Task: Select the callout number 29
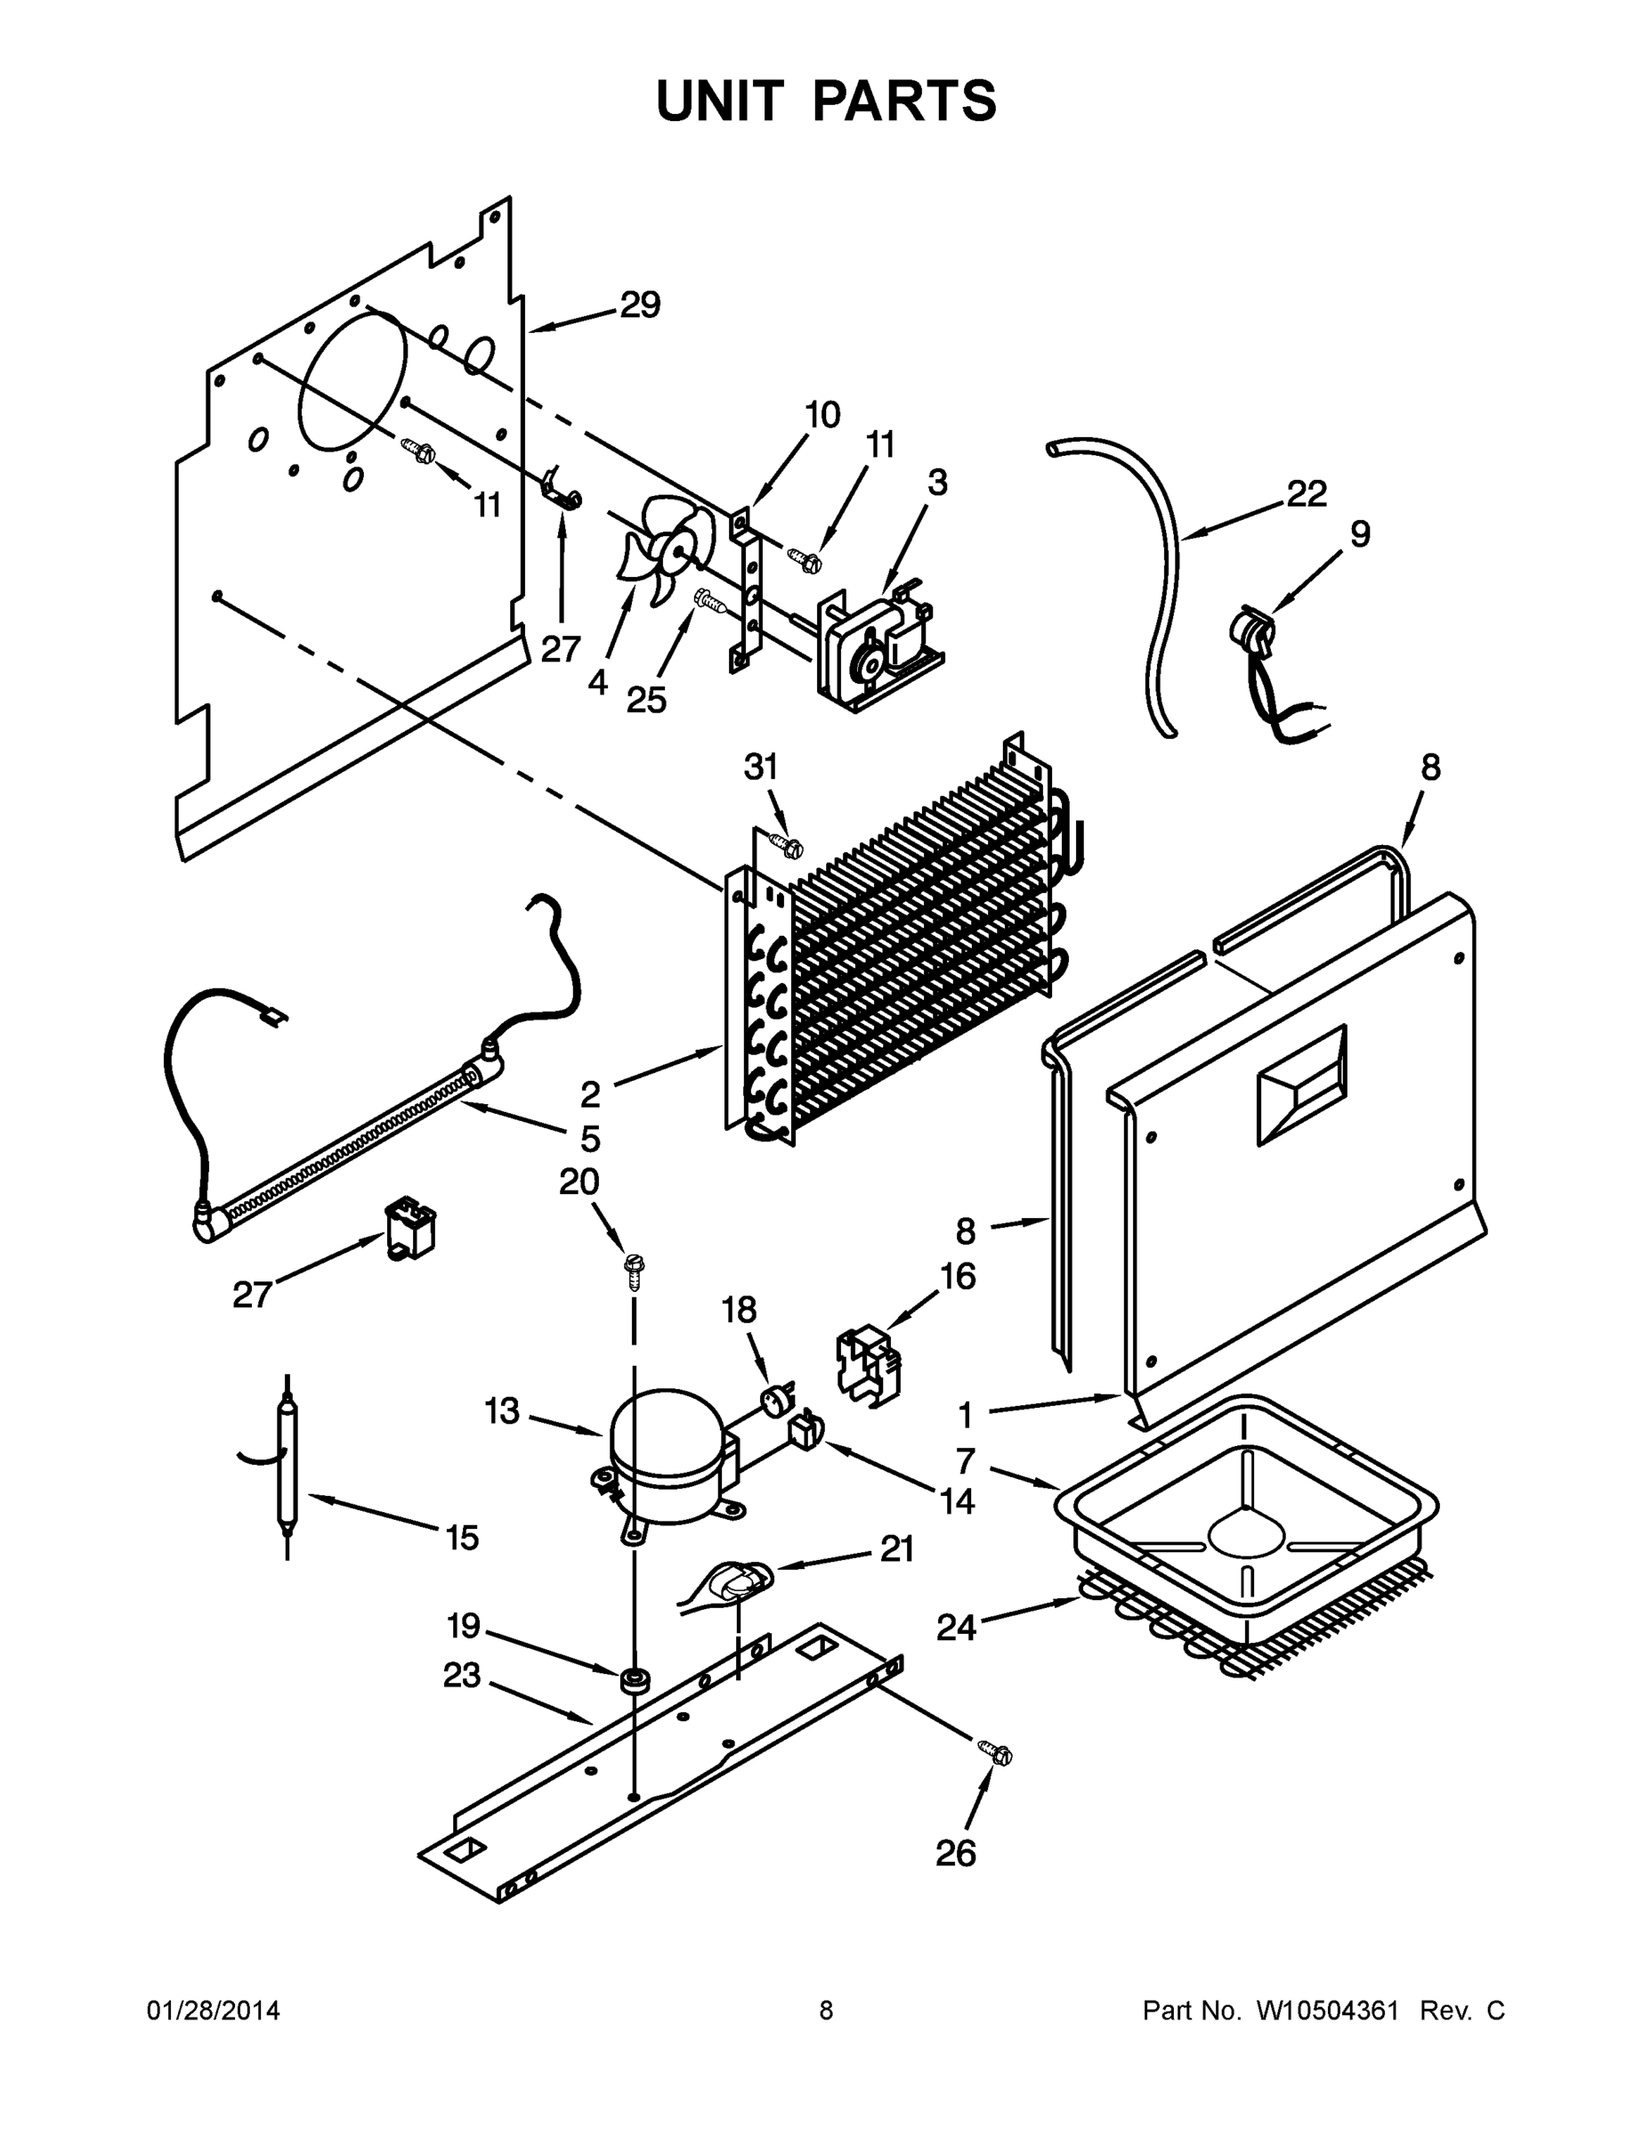point(640,306)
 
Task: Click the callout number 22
point(1306,494)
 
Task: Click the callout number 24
point(956,1629)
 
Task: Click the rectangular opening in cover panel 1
point(1301,1085)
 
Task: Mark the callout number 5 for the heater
point(590,1138)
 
